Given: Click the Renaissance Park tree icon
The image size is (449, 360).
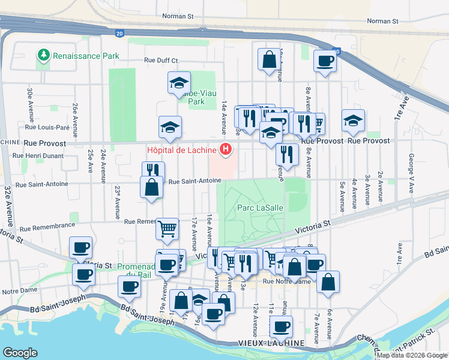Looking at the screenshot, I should (x=44, y=56).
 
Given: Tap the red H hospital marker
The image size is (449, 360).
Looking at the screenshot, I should (x=226, y=149).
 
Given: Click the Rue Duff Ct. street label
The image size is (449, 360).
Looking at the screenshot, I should (x=161, y=60).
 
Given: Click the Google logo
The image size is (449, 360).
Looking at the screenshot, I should (x=20, y=353).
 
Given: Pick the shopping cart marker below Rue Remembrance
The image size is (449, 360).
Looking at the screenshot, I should (x=167, y=227).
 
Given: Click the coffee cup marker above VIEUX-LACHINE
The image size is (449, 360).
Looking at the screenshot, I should (x=281, y=326).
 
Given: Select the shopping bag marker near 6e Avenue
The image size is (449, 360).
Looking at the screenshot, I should (x=328, y=281).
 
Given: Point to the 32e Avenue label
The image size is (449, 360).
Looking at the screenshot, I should (x=7, y=200).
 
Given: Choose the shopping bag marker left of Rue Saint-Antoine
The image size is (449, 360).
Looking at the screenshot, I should (x=152, y=186).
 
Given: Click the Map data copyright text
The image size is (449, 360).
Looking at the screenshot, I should (x=412, y=355).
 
